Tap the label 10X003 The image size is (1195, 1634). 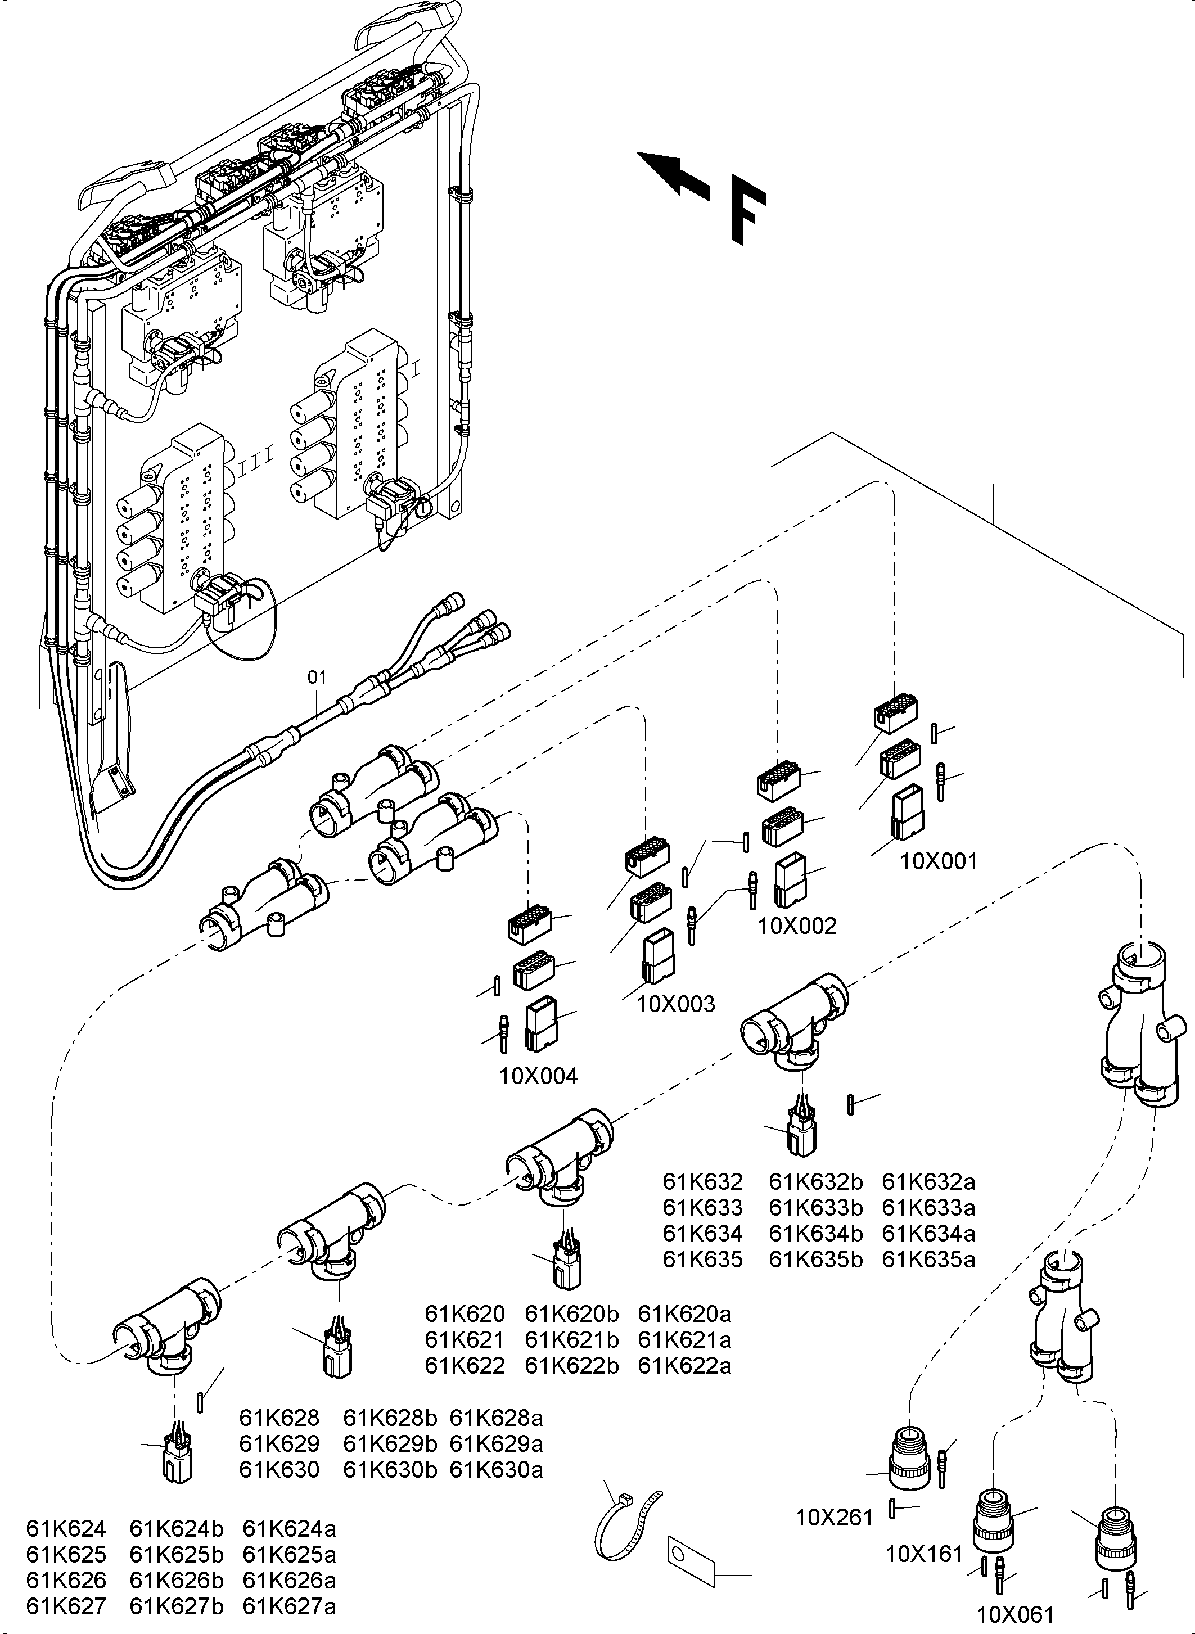pyautogui.click(x=675, y=1004)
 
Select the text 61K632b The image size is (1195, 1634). pyautogui.click(x=815, y=1182)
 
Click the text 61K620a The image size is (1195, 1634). pyautogui.click(x=684, y=1313)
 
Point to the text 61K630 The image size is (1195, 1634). pyautogui.click(x=279, y=1470)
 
